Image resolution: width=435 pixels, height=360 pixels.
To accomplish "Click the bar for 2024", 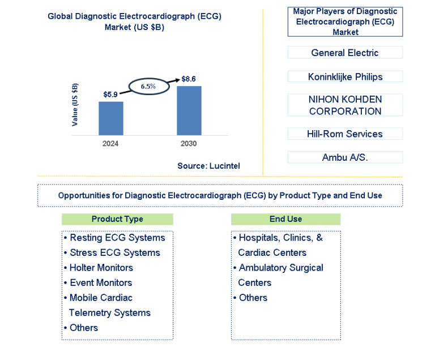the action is pos(111,118).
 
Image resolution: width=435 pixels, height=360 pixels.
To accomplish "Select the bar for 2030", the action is pos(189,111).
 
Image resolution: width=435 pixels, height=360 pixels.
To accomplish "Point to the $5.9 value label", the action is pos(110,95).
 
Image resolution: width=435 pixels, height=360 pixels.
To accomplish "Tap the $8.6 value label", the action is pos(189,79).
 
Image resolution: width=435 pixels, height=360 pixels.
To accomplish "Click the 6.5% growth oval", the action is pos(150,79).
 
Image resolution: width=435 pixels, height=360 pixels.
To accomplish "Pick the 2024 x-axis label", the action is pos(110,144).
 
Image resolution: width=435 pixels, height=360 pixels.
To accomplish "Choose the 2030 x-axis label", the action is pos(189,144).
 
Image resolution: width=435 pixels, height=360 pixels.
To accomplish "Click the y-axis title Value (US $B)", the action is pos(75,105).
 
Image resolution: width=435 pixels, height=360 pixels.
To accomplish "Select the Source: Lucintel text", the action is pos(208,166).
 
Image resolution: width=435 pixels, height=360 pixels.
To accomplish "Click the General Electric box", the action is pos(345,53).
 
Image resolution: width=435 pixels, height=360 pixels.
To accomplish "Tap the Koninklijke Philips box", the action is pos(345,76).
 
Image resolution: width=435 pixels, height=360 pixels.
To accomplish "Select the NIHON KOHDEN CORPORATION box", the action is pos(345,105).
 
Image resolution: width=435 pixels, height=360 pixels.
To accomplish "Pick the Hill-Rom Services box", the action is pos(345,134).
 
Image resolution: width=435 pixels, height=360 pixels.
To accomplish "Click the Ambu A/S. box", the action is pos(345,157).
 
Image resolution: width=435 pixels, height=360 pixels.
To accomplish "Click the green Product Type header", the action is pos(117,219).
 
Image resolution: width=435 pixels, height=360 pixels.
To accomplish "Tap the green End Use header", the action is pos(285,219).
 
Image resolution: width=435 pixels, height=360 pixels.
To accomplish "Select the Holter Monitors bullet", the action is pos(99,268).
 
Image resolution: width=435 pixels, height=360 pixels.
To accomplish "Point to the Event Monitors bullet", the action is pos(98,282).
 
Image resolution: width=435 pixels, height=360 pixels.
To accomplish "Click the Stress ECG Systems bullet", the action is pos(112,252).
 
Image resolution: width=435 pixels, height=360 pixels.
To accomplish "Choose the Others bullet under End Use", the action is pos(250,298).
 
